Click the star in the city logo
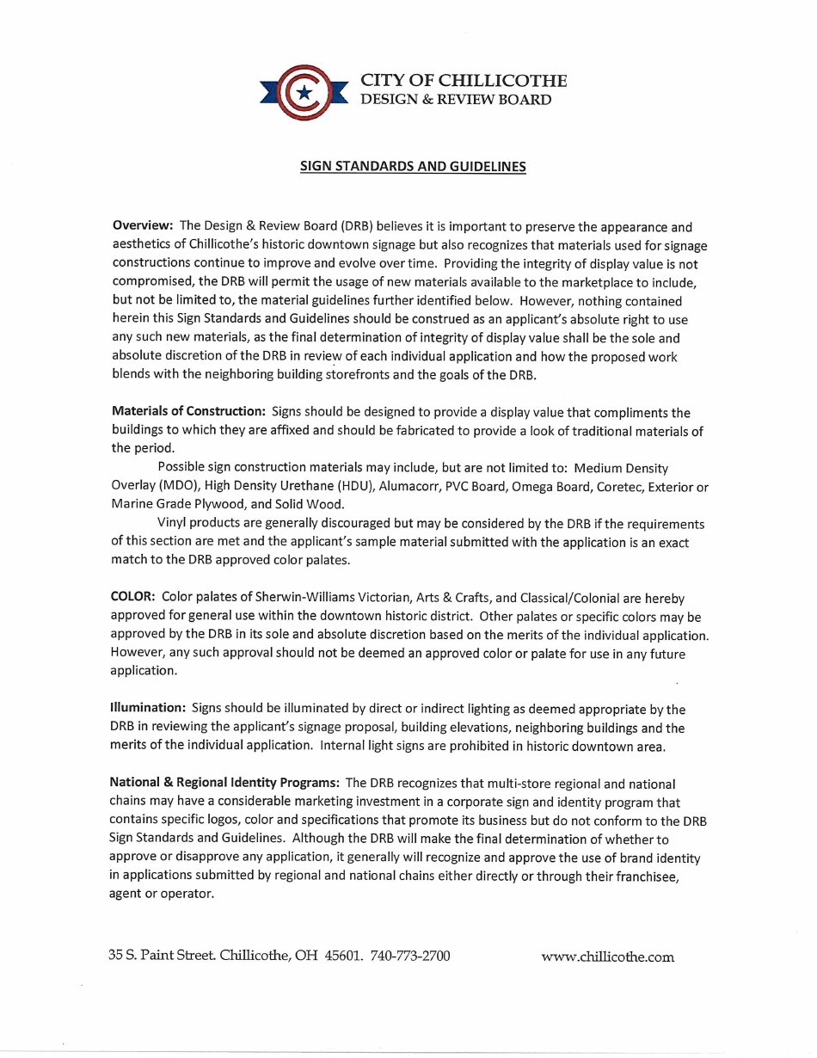pos(303,91)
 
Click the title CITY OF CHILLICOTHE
pos(463,81)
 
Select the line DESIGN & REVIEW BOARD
pos(455,100)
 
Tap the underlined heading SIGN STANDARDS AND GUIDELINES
pos(413,167)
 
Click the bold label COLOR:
pos(132,598)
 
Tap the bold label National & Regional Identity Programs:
pos(224,784)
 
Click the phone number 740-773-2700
pos(410,956)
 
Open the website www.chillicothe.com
pos(607,957)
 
